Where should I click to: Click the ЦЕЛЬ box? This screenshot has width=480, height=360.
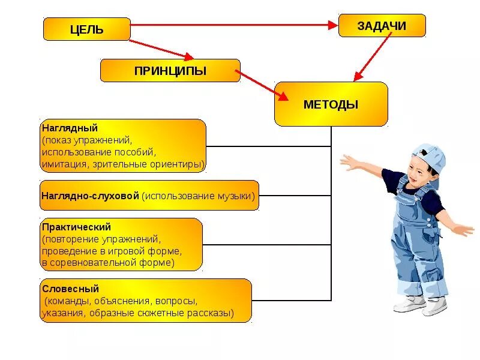click(86, 29)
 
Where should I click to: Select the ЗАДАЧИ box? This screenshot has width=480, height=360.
click(382, 26)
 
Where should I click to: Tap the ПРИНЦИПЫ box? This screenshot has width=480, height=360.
click(170, 71)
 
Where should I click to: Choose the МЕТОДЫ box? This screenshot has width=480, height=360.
click(331, 104)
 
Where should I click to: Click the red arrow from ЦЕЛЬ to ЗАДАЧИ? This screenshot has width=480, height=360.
click(234, 25)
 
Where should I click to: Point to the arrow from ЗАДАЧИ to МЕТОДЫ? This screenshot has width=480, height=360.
click(373, 56)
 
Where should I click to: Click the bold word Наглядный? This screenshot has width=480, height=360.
click(70, 128)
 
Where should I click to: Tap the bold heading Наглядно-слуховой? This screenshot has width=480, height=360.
click(90, 196)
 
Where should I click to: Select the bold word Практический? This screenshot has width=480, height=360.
click(76, 227)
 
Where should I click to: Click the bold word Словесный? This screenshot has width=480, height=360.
click(70, 289)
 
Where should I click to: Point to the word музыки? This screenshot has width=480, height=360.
click(238, 196)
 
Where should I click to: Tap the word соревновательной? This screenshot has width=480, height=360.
click(100, 262)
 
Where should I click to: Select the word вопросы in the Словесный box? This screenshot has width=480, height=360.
click(176, 301)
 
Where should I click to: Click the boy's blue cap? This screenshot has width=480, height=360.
click(430, 157)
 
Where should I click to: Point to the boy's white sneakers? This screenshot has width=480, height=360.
click(420, 304)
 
